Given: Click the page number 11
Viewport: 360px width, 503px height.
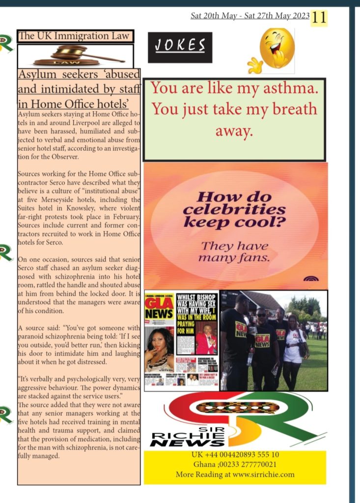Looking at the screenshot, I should [319, 18].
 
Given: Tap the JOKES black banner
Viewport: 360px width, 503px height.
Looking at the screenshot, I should [180, 47].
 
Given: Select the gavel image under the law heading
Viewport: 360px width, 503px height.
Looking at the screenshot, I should [76, 56].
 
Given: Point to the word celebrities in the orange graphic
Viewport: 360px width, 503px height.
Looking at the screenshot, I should [234, 210].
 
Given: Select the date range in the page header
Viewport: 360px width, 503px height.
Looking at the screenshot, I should [249, 16].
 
